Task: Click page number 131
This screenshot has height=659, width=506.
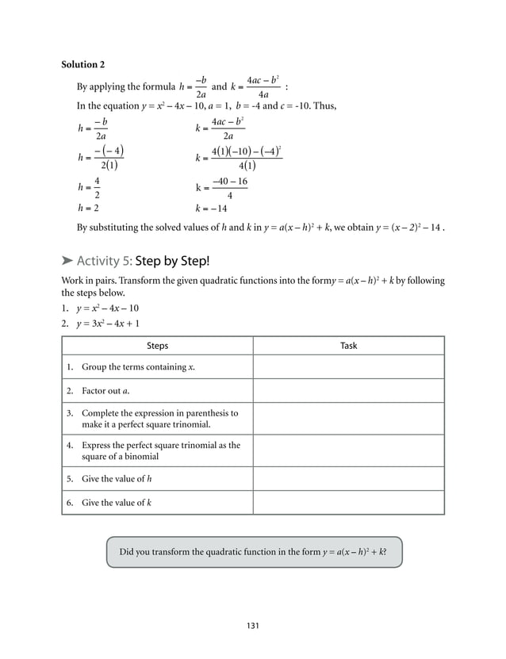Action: click(x=253, y=626)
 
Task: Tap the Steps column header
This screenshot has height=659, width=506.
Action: click(x=157, y=346)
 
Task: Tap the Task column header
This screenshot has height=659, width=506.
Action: click(x=348, y=346)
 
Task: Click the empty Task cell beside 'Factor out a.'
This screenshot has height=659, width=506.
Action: click(x=348, y=391)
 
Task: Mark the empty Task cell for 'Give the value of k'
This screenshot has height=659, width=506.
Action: click(x=348, y=503)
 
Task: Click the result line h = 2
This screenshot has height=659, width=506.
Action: click(x=88, y=208)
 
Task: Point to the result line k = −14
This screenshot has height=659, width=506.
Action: click(x=212, y=209)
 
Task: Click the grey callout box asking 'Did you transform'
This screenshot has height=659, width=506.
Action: click(x=253, y=552)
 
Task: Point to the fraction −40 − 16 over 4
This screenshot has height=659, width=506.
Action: click(x=229, y=188)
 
